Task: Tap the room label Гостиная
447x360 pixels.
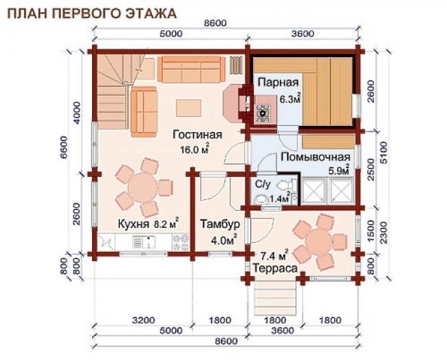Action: pyautogui.click(x=197, y=134)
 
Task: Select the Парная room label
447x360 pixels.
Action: pyautogui.click(x=278, y=83)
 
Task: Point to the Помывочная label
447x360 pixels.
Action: pyautogui.click(x=310, y=157)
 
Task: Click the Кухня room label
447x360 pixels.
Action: pyautogui.click(x=129, y=223)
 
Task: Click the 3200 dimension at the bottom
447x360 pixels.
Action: pyautogui.click(x=142, y=320)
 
